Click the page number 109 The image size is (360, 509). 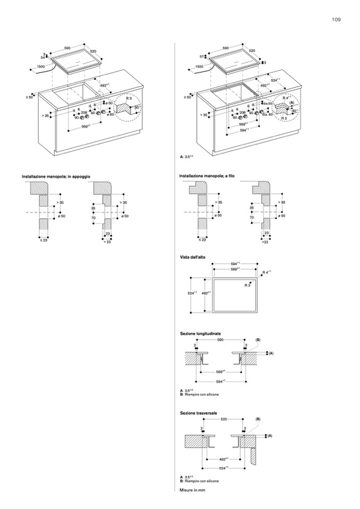click(336, 20)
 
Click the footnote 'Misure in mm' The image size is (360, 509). click(192, 490)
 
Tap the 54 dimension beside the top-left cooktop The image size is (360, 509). click(44, 57)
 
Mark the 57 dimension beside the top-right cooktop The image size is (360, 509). click(202, 56)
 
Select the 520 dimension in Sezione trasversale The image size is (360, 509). click(224, 419)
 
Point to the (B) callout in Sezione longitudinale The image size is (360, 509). click(258, 340)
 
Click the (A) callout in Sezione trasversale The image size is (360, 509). click(270, 436)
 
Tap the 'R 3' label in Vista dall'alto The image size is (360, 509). click(247, 286)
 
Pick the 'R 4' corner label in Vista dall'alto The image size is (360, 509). click(267, 272)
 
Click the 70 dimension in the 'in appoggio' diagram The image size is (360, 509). click(93, 218)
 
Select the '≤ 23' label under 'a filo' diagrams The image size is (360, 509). click(202, 240)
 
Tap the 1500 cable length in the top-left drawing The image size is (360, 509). click(41, 66)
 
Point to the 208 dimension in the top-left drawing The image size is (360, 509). click(84, 113)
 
